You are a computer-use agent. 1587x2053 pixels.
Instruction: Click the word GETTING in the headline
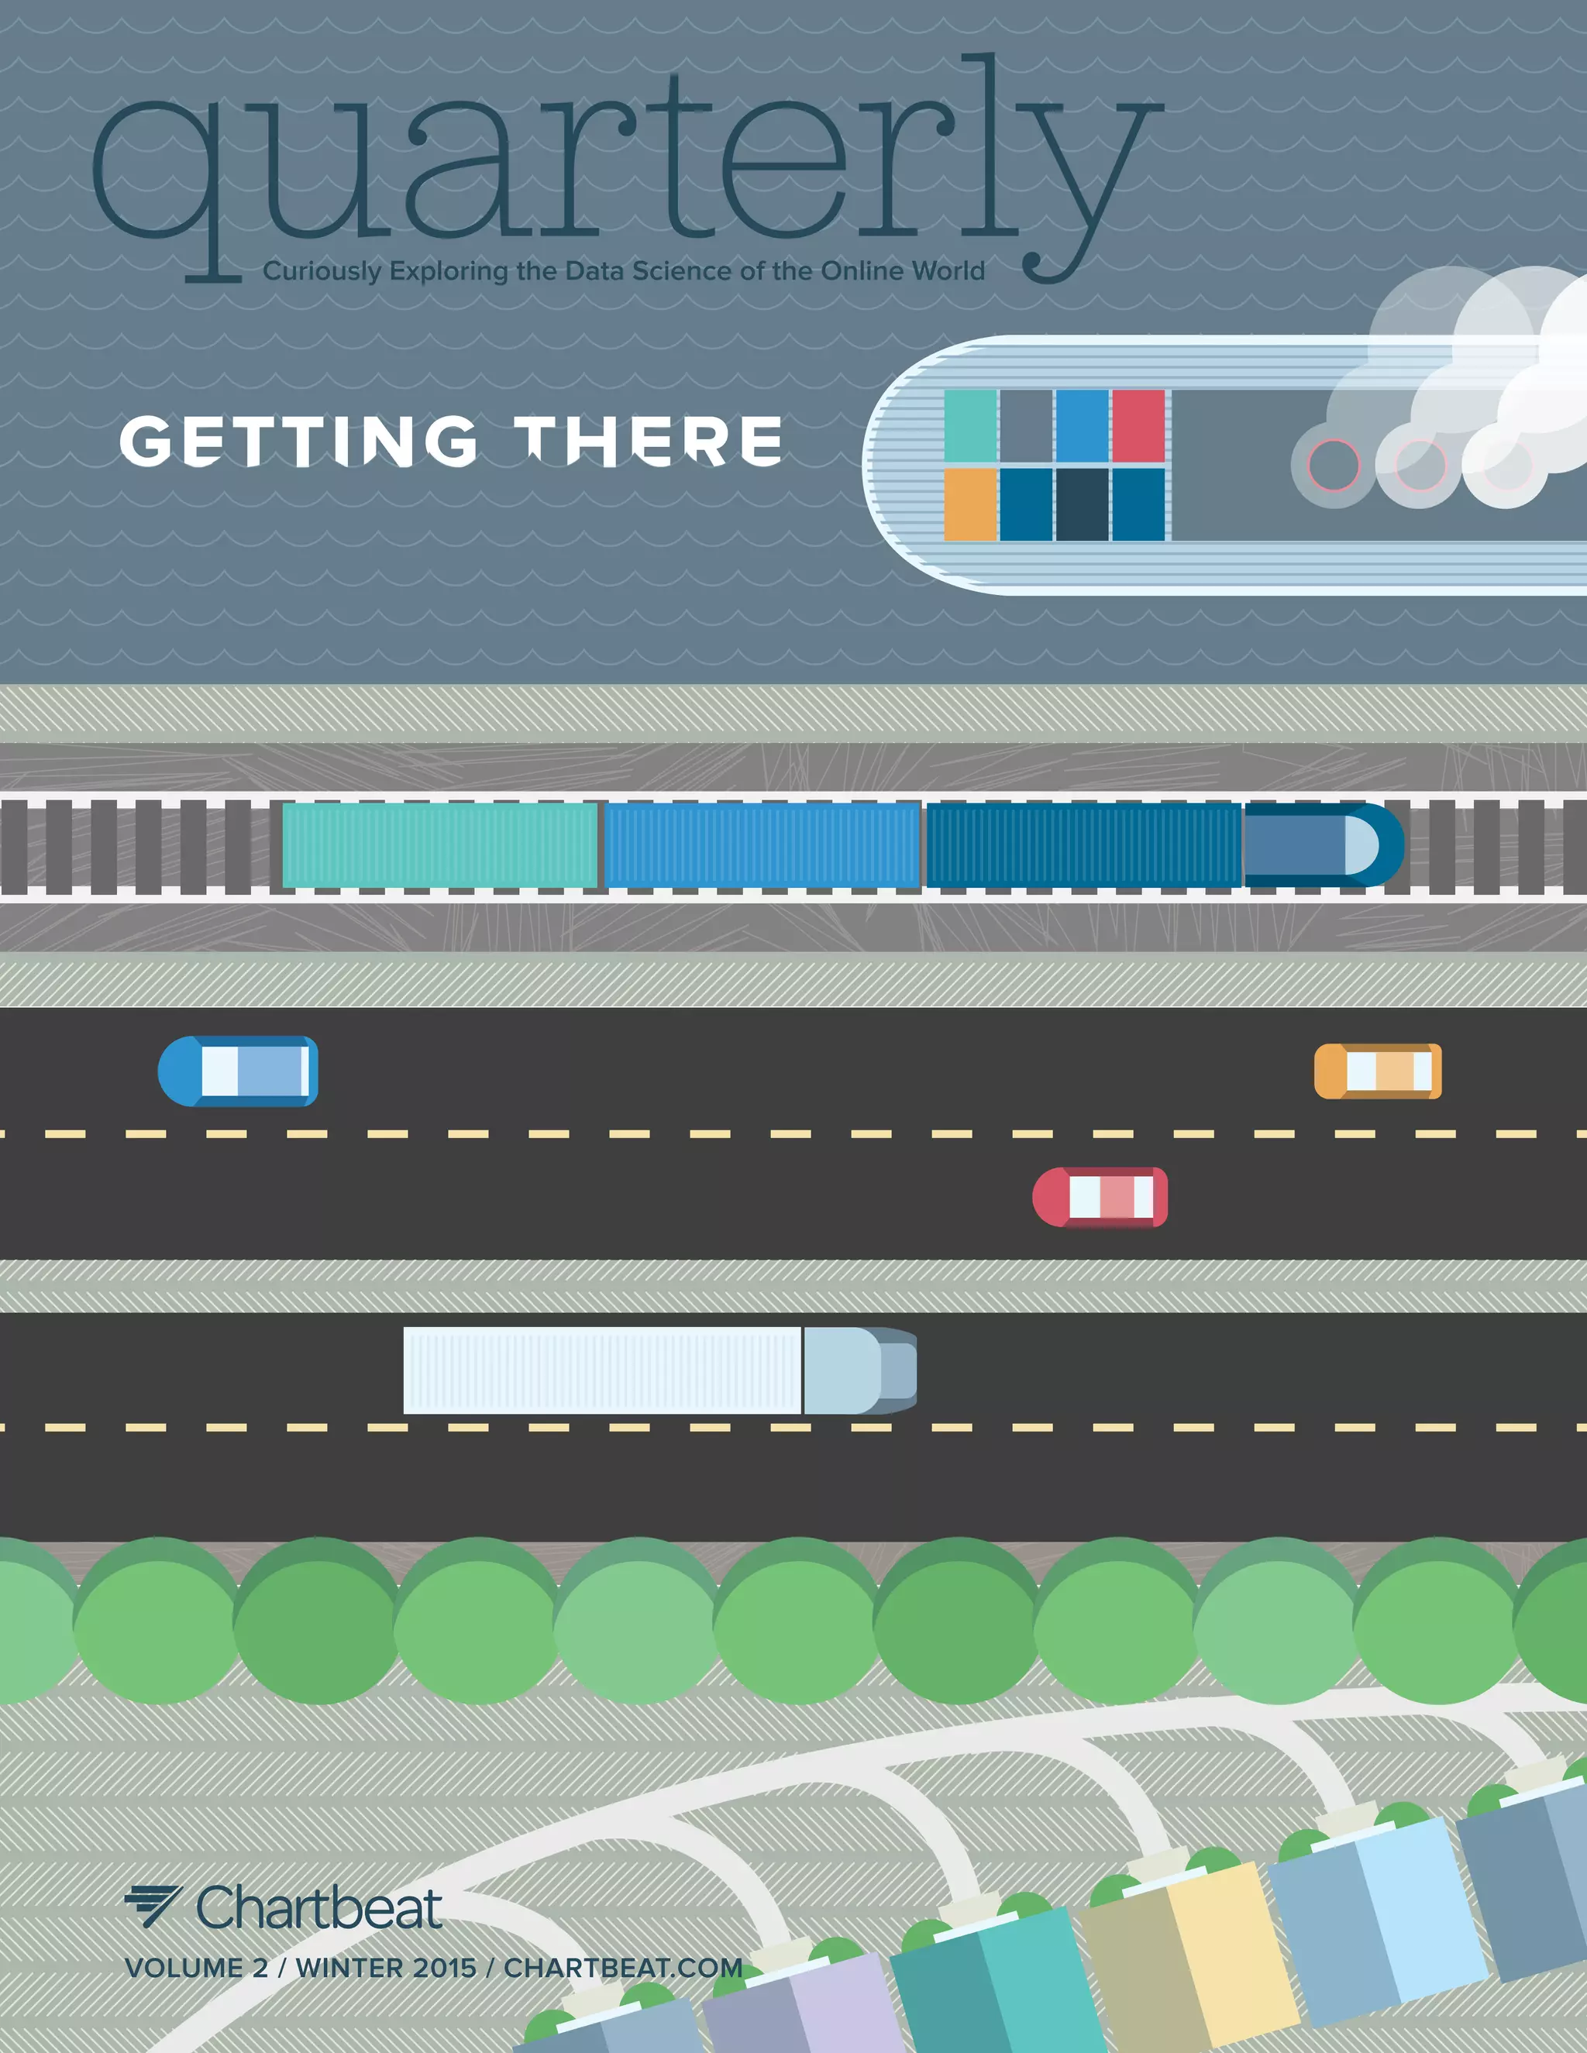click(x=299, y=441)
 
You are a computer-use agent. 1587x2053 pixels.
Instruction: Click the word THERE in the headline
click(x=653, y=441)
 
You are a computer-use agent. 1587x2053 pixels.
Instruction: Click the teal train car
click(x=440, y=846)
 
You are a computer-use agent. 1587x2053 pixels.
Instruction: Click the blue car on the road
click(x=239, y=1071)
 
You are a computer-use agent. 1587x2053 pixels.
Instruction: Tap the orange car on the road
click(x=1377, y=1071)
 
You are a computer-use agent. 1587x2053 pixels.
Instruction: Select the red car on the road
click(x=1100, y=1198)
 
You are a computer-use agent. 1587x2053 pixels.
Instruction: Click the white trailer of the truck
click(x=601, y=1370)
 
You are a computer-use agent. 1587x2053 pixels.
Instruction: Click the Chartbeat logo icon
click(x=153, y=1907)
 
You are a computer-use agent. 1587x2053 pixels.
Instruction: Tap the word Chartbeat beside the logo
click(x=318, y=1908)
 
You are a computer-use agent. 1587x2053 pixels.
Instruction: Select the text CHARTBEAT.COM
click(x=623, y=1968)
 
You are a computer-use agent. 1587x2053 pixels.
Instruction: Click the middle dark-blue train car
click(x=1084, y=846)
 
